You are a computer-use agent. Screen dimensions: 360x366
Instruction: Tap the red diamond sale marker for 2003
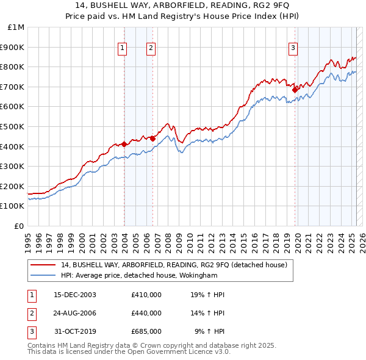[x=124, y=144]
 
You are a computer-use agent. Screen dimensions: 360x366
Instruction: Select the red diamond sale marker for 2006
[x=152, y=138]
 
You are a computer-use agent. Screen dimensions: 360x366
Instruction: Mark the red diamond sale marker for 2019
[x=295, y=89]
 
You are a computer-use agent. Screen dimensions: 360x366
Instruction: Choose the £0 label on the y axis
[x=20, y=226]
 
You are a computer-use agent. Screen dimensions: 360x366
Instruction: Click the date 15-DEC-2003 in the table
[x=75, y=295]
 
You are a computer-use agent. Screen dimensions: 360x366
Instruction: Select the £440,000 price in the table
[x=146, y=313]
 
